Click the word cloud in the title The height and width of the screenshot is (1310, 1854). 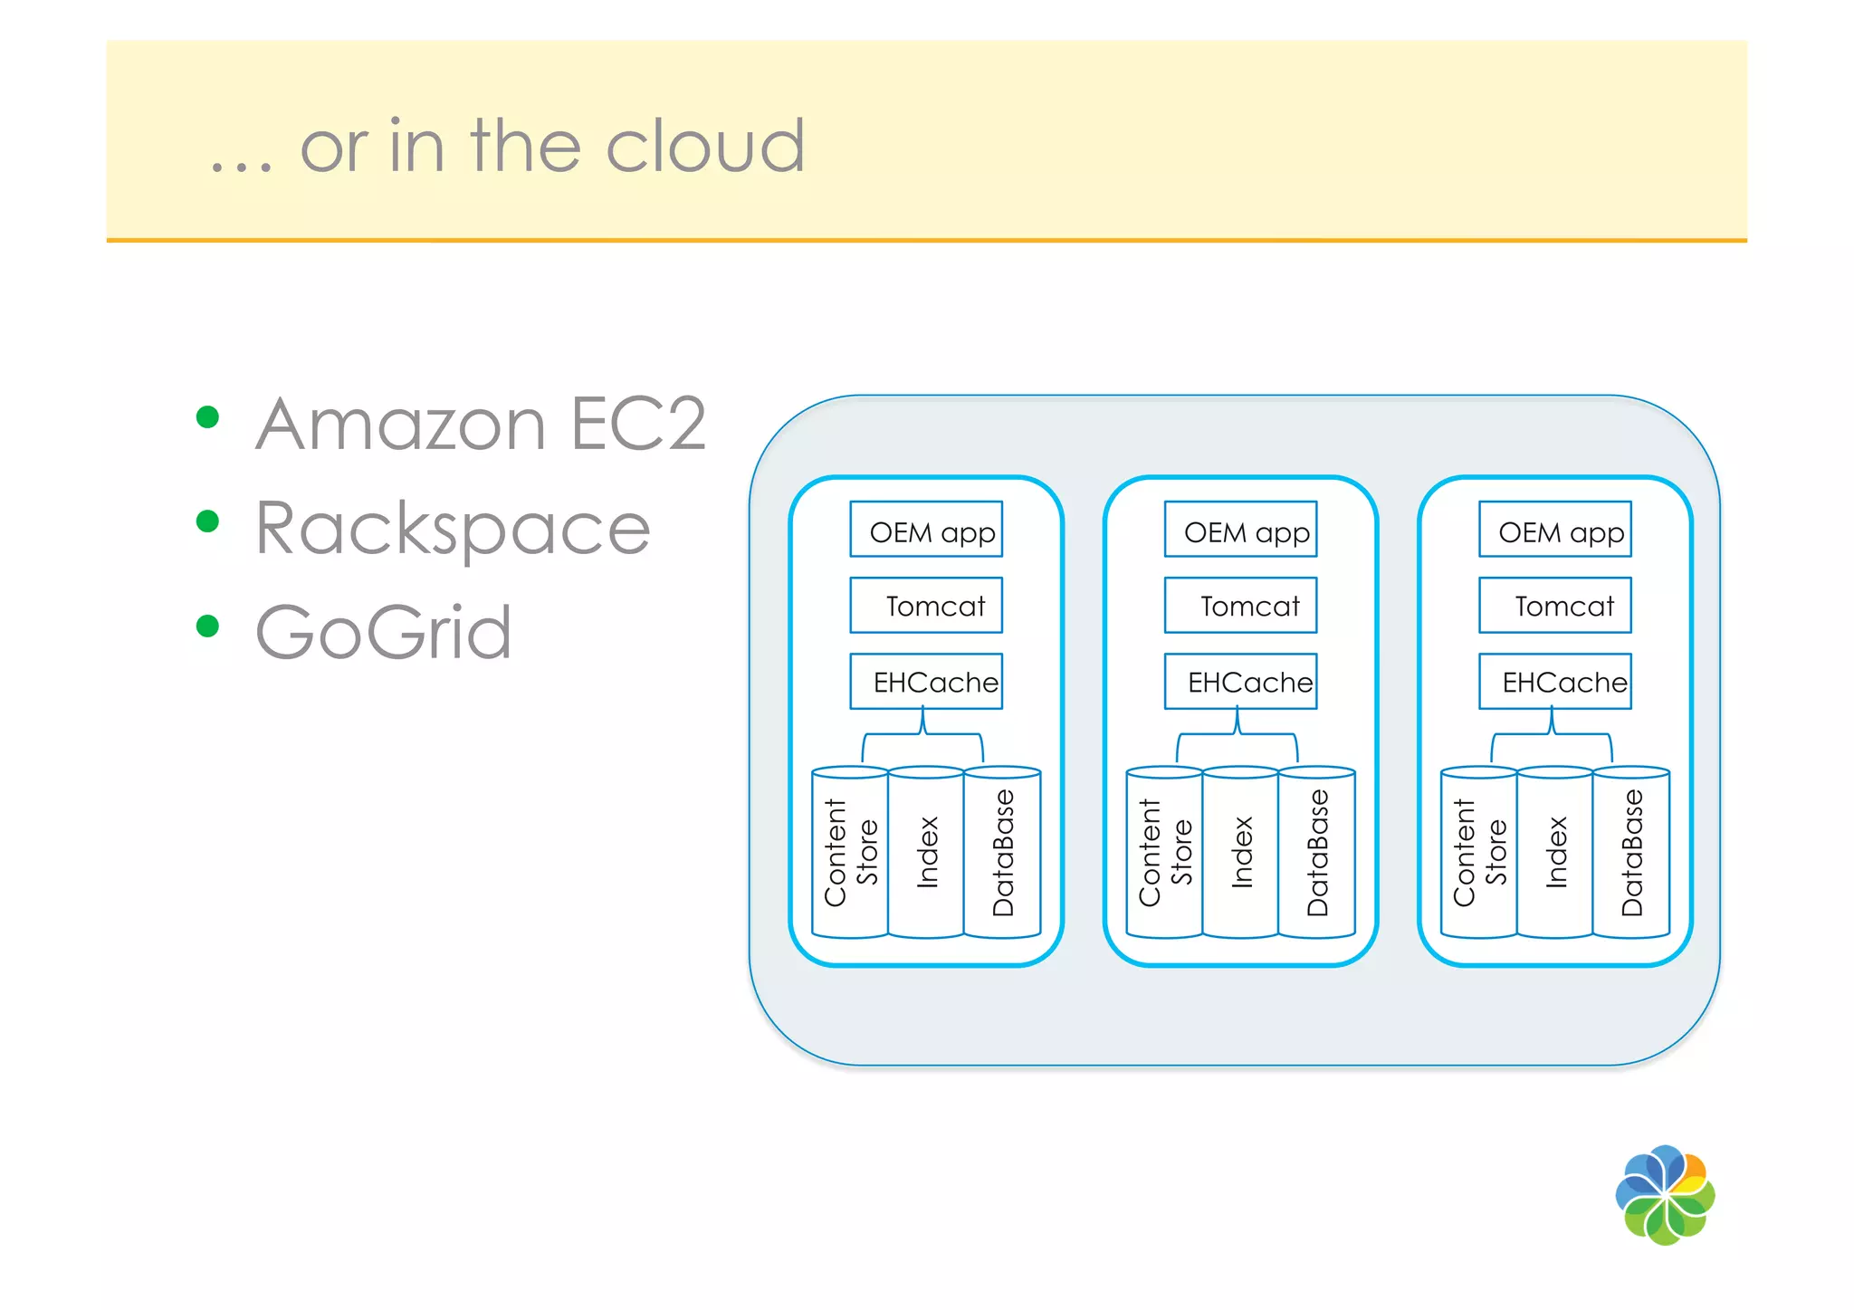coord(704,147)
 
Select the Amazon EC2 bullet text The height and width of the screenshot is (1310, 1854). coord(481,424)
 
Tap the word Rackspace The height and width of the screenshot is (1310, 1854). coord(453,529)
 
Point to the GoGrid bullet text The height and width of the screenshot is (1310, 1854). coord(383,632)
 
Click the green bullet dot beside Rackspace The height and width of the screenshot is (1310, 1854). coord(208,521)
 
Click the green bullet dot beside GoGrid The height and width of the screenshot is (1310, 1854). coord(208,626)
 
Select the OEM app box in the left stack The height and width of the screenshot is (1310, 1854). coord(926,530)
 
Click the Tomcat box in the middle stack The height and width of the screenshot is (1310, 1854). coord(1240,606)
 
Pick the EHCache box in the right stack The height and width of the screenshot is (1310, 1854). coord(1554,682)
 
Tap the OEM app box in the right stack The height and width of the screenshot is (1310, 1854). coord(1554,530)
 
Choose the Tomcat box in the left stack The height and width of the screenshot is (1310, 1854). coord(926,606)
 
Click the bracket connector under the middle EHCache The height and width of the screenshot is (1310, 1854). coord(1238,735)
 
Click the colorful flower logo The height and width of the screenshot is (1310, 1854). coord(1665,1195)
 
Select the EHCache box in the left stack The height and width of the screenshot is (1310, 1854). coord(926,682)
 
